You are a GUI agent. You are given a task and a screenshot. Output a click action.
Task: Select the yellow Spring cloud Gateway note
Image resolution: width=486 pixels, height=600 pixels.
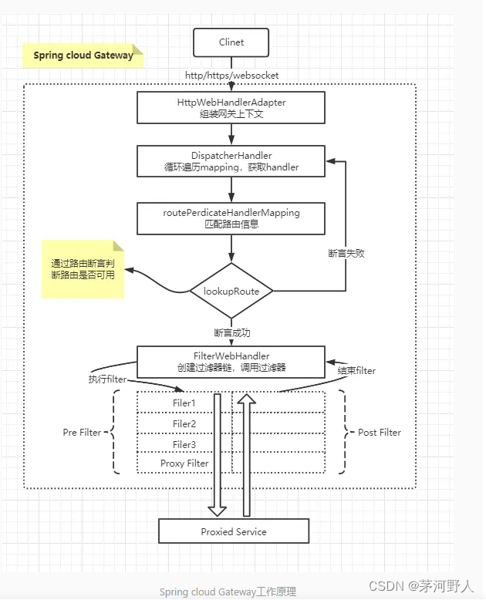tap(83, 56)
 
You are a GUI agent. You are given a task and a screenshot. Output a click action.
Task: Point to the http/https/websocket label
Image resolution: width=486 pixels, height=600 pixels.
tap(232, 76)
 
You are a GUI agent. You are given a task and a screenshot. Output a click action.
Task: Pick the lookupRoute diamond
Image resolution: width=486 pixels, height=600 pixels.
tap(232, 291)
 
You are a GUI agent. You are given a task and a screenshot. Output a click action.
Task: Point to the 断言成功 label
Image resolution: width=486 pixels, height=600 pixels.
tap(232, 333)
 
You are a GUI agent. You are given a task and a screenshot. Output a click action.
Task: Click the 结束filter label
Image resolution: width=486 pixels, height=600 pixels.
tap(356, 371)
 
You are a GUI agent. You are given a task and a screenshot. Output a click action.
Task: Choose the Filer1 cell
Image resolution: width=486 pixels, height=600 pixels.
tap(184, 403)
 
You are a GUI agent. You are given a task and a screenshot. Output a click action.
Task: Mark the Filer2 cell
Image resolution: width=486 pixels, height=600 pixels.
tap(184, 423)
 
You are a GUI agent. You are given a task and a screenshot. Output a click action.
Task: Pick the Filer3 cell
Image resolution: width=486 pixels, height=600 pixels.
tap(184, 443)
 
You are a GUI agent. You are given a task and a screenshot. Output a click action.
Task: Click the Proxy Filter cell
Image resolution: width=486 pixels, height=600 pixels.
tap(184, 463)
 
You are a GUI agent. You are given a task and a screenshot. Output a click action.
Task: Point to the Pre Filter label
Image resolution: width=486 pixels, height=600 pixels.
tap(82, 433)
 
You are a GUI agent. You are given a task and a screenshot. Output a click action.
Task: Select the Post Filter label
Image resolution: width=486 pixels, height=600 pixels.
tap(380, 433)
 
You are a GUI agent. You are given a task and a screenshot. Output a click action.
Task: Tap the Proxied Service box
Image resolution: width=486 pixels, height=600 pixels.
tap(233, 531)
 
